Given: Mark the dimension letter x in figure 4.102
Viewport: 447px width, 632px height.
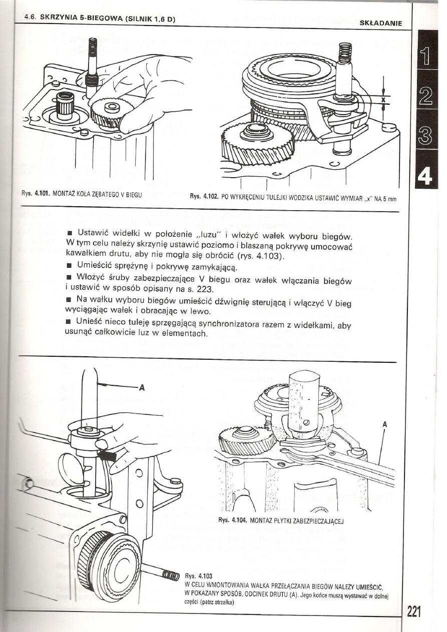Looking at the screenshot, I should pos(383,100).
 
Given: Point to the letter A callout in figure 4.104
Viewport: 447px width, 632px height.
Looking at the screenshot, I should pos(384,424).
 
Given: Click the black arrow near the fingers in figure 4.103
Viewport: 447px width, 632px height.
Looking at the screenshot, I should pos(107,455).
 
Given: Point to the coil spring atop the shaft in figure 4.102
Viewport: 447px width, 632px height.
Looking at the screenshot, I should pos(345,52).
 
